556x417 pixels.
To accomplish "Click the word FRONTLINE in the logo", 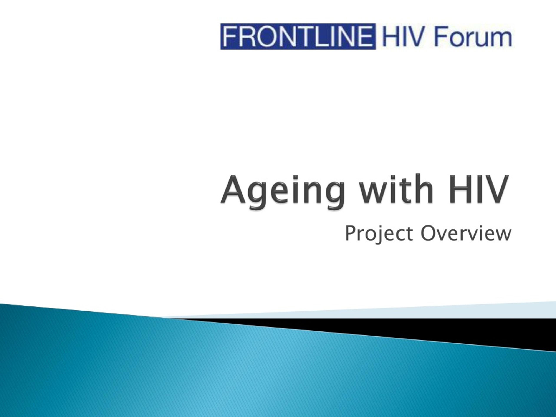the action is (298, 37).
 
